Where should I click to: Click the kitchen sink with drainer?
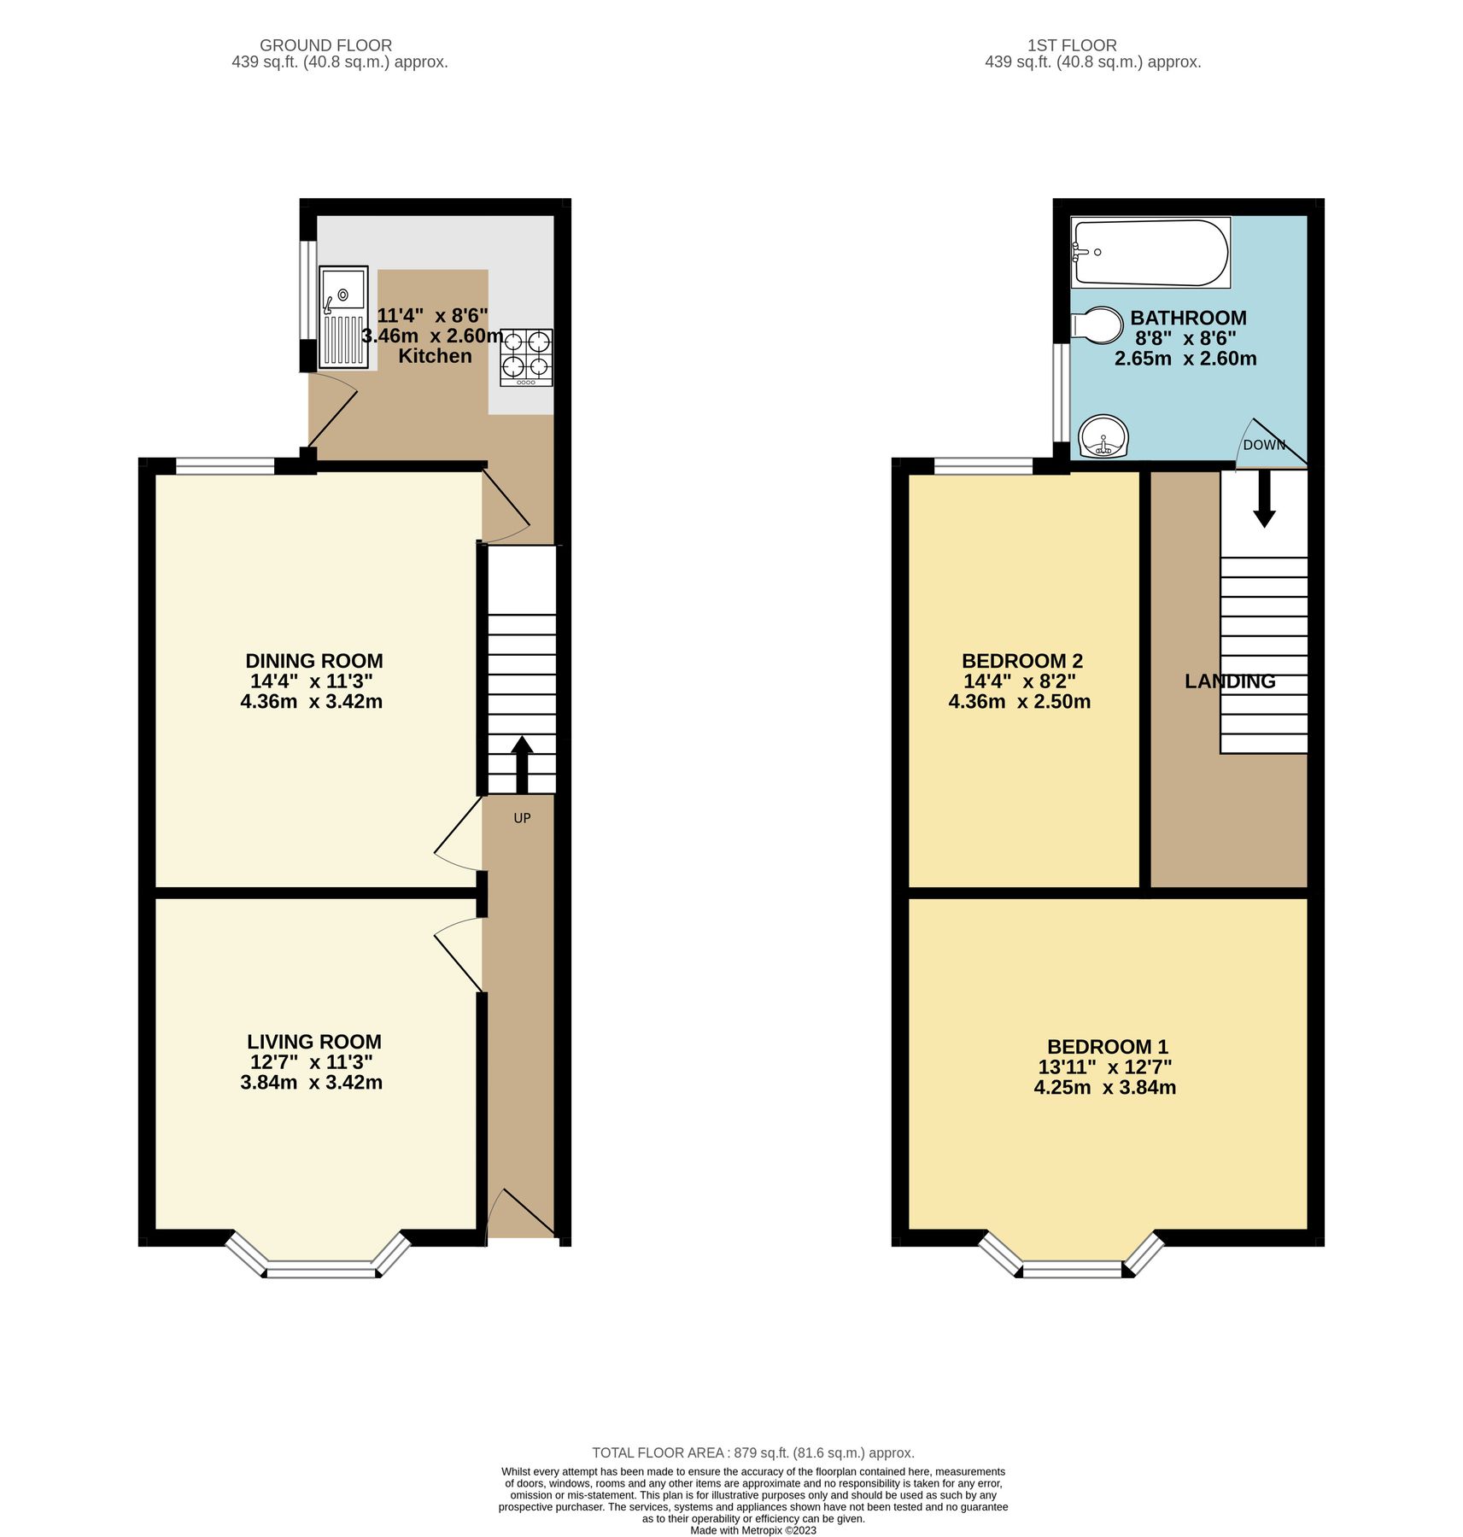click(343, 317)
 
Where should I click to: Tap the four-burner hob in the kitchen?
click(526, 356)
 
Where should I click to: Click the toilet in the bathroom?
click(1097, 325)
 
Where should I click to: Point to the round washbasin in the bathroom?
click(1103, 436)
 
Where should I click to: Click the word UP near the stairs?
click(522, 818)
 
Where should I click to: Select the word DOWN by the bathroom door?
click(1264, 445)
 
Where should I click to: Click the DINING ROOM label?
click(313, 660)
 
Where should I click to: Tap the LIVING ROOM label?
click(313, 1041)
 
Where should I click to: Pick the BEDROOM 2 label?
click(1021, 660)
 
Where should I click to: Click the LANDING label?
click(1229, 681)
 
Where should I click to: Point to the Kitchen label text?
click(435, 356)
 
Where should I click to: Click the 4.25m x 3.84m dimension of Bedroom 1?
click(1104, 1087)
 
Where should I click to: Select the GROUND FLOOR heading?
click(325, 45)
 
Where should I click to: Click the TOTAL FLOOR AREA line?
click(752, 1452)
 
